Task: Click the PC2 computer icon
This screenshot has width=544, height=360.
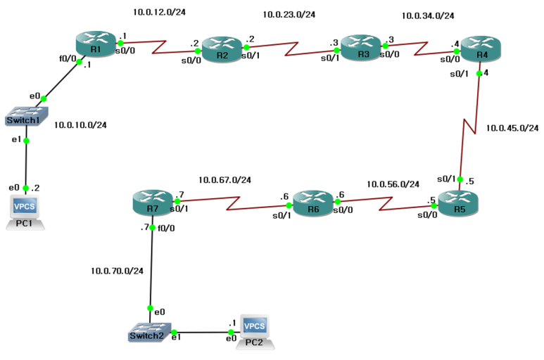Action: point(254,331)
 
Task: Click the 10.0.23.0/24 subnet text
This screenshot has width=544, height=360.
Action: point(289,14)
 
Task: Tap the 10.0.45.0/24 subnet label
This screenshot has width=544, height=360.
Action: point(512,128)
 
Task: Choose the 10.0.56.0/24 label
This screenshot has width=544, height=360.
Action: point(393,184)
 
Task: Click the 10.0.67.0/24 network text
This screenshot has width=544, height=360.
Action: point(224,180)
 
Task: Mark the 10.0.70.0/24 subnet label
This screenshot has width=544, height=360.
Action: point(117,271)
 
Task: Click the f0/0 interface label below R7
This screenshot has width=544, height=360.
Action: point(167,227)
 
